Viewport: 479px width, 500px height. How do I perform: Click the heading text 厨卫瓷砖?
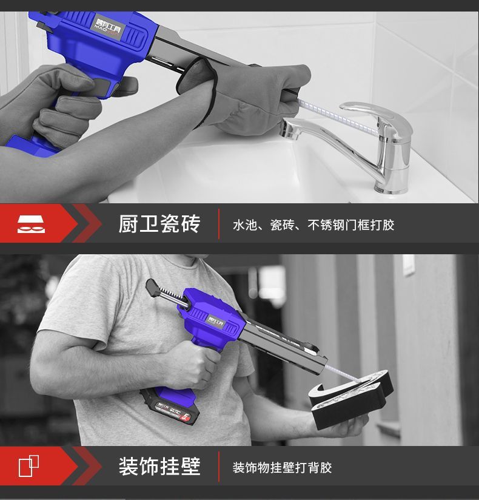[x=159, y=224]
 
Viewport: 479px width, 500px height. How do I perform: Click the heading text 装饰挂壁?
[x=159, y=467]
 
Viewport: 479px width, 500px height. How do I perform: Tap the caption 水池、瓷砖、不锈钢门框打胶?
[x=313, y=225]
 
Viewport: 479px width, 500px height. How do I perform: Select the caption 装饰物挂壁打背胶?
[x=283, y=468]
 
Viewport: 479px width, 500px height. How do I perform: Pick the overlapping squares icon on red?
[x=28, y=466]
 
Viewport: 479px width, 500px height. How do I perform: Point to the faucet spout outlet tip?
[x=287, y=130]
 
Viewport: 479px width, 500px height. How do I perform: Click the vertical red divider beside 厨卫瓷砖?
[x=219, y=224]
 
